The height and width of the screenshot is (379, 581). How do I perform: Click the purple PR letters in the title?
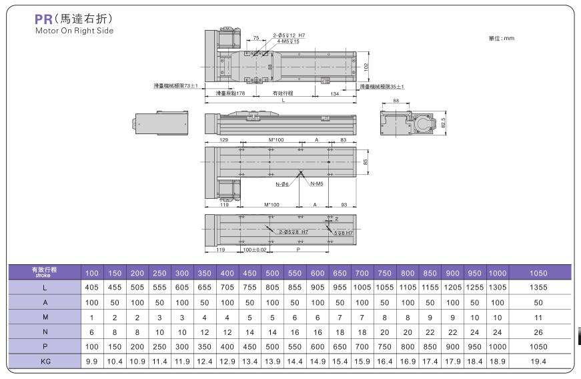pyautogui.click(x=43, y=19)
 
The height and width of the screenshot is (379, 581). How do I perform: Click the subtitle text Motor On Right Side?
pyautogui.click(x=75, y=31)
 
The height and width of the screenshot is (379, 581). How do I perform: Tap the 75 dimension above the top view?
pyautogui.click(x=256, y=38)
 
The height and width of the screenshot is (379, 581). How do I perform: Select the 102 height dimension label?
pyautogui.click(x=366, y=67)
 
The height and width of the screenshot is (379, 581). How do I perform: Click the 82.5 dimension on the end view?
pyautogui.click(x=443, y=123)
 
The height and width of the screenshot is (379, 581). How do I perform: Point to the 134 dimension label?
pyautogui.click(x=335, y=93)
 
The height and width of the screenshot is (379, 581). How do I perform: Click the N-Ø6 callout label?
pyautogui.click(x=282, y=184)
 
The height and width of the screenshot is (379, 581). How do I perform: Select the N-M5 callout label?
pyautogui.click(x=317, y=183)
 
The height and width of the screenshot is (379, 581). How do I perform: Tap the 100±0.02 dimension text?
pyautogui.click(x=255, y=250)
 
